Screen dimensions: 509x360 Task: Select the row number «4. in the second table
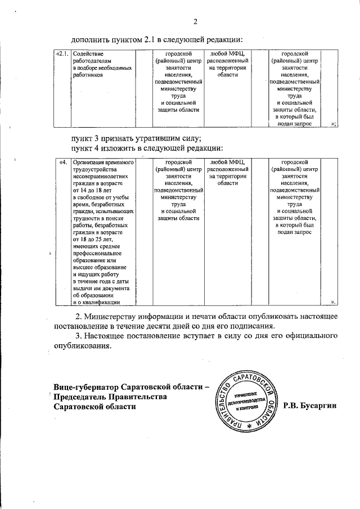[64, 163]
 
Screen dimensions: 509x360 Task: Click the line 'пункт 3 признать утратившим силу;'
[136, 138]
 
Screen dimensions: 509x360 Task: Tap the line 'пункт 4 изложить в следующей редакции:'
[147, 148]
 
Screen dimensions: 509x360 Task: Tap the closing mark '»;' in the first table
[334, 124]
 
